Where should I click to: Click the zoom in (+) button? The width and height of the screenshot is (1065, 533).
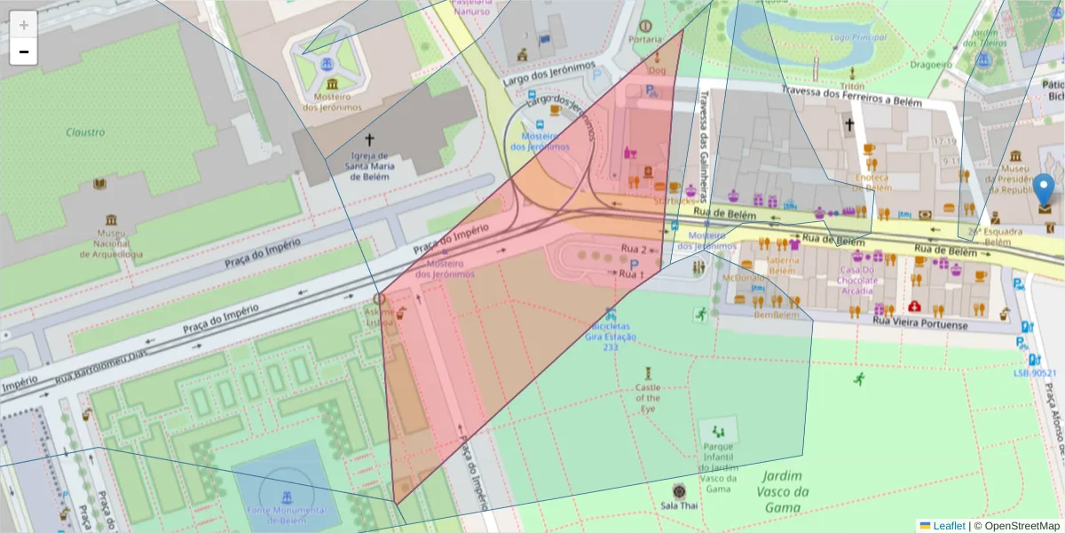[24, 25]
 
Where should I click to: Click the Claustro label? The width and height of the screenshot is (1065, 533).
[85, 132]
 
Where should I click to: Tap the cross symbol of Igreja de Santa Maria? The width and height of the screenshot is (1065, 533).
[370, 140]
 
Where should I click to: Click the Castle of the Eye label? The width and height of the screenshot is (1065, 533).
[648, 398]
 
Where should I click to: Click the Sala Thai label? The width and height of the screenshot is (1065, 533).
[679, 505]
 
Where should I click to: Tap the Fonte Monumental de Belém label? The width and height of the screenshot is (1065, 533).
[286, 516]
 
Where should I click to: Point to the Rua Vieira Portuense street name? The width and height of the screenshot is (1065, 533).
[919, 324]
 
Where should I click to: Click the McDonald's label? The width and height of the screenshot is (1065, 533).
[744, 278]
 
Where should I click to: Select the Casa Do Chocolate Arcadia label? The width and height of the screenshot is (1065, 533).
[857, 280]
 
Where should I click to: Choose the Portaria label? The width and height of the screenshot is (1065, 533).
[645, 39]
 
